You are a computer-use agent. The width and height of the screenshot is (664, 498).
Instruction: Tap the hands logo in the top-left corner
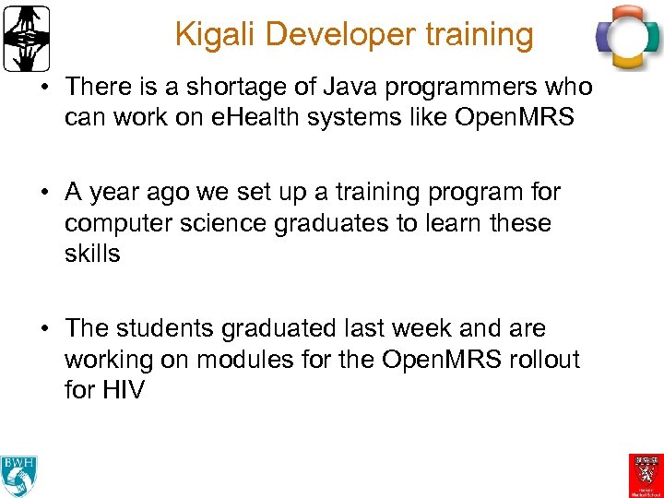[26, 39]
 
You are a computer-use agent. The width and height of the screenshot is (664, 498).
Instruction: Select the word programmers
[450, 88]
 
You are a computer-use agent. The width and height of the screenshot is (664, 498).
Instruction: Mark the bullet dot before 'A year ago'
[48, 192]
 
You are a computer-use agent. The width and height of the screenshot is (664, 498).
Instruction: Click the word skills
[92, 255]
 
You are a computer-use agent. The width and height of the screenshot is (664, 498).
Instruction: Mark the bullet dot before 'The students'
[48, 328]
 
